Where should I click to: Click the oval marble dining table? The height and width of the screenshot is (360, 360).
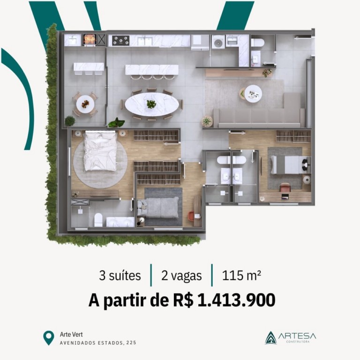click(152, 105)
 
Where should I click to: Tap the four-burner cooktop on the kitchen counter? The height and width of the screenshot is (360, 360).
click(120, 40)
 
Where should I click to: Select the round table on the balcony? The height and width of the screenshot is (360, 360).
click(85, 104)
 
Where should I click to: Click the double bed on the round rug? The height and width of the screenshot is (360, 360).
click(100, 150)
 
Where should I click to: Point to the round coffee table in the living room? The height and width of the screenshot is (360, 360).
click(253, 94)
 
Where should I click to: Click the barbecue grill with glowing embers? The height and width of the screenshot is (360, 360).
click(90, 40)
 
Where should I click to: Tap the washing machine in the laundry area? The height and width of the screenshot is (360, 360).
click(218, 42)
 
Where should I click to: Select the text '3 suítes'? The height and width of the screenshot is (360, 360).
click(120, 276)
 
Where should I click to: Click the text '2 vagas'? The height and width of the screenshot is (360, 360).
click(181, 276)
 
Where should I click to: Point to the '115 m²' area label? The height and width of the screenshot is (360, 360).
click(241, 275)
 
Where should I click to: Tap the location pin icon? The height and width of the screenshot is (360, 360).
click(49, 337)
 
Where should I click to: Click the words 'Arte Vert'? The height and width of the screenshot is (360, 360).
click(71, 334)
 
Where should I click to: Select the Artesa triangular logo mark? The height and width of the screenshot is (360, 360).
click(270, 337)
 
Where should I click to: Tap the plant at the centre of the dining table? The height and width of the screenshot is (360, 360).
click(151, 104)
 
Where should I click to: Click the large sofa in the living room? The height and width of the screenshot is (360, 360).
click(259, 112)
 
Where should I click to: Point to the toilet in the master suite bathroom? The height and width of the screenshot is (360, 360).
click(98, 220)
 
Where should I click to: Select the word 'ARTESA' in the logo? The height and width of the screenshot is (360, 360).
click(297, 337)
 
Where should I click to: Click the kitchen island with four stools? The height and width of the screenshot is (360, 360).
click(152, 72)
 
